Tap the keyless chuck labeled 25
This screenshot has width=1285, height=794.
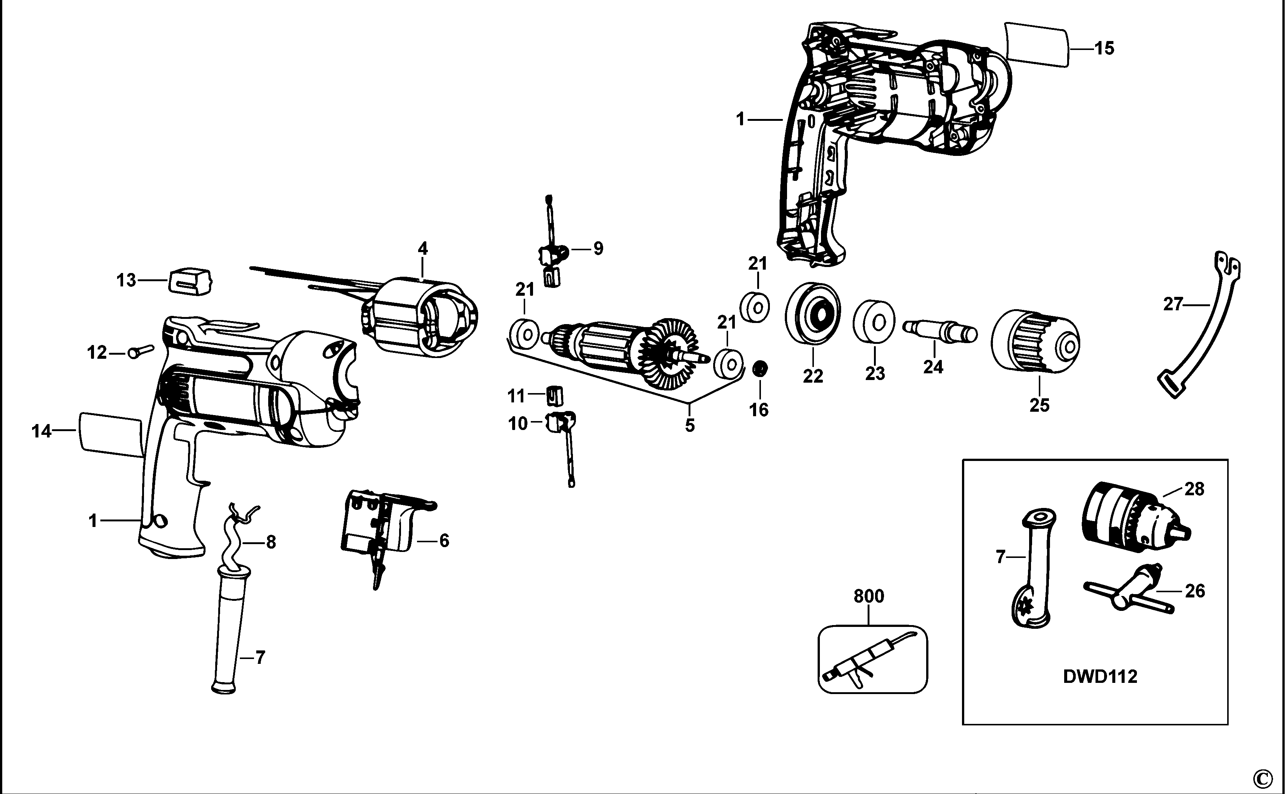1034,342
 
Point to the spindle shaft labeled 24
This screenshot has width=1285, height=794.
940,331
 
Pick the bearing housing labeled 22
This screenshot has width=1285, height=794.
812,315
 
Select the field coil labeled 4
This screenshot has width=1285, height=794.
420,320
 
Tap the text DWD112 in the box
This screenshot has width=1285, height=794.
1100,677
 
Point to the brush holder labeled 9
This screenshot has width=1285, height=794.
551,257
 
